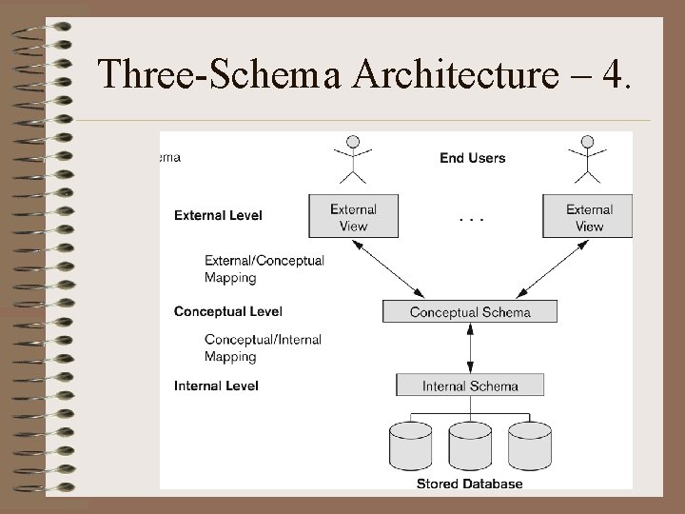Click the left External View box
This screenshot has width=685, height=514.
click(x=353, y=217)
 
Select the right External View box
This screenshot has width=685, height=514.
click(x=587, y=217)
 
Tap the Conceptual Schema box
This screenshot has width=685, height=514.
click(x=470, y=311)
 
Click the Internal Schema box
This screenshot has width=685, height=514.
click(x=470, y=385)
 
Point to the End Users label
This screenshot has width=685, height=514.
click(x=473, y=158)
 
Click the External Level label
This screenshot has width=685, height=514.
click(x=218, y=215)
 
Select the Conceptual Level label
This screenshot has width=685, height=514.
click(x=227, y=311)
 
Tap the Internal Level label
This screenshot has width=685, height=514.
click(x=216, y=385)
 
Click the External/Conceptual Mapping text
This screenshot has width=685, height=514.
click(x=264, y=268)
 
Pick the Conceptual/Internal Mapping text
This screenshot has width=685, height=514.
click(x=263, y=347)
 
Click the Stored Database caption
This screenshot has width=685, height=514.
click(x=469, y=484)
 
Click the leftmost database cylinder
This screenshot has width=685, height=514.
click(x=411, y=445)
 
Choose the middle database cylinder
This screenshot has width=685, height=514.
click(x=470, y=445)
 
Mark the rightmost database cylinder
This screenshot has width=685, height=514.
click(x=529, y=445)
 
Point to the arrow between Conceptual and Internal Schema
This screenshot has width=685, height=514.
click(x=470, y=348)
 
